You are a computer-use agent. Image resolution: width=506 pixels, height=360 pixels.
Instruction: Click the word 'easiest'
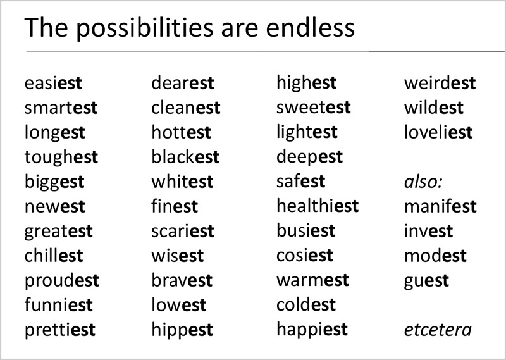pos(53,84)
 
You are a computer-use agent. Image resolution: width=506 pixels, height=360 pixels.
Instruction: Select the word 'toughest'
pos(61,158)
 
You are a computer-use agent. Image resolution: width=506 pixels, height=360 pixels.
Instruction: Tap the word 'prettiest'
pos(60,330)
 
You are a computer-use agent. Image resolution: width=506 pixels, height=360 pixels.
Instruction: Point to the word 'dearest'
pos(183,83)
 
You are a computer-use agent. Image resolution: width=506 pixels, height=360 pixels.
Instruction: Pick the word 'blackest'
pos(185,157)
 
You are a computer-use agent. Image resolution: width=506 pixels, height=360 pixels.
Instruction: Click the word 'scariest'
pos(183,231)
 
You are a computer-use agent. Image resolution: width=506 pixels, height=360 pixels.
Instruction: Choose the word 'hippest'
pos(182,330)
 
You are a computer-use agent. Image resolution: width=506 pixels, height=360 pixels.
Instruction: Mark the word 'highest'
pos(307,83)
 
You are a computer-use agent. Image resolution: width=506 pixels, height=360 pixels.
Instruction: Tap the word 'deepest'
pos(309,158)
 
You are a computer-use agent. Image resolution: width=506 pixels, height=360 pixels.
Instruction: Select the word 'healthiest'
pos(318,206)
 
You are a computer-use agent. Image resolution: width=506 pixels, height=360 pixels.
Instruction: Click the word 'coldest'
pos(306,305)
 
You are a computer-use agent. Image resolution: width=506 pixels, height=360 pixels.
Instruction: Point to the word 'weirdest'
pos(440,83)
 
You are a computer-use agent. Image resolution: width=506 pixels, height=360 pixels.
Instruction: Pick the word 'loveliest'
pos(438,132)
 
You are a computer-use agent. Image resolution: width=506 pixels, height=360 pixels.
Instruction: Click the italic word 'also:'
pos(423,182)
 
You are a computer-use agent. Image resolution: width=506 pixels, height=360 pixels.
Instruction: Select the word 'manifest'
pos(440,206)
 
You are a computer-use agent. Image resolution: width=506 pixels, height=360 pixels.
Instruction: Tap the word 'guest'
pos(426,280)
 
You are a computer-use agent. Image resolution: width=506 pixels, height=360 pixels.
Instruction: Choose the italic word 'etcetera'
pos(438,330)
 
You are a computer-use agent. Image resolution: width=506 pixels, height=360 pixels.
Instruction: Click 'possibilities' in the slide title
pos(145,28)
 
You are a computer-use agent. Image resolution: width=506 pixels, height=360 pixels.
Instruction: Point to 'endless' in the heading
pos(311,28)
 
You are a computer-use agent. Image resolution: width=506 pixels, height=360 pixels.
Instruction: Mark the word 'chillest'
pos(54,256)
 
